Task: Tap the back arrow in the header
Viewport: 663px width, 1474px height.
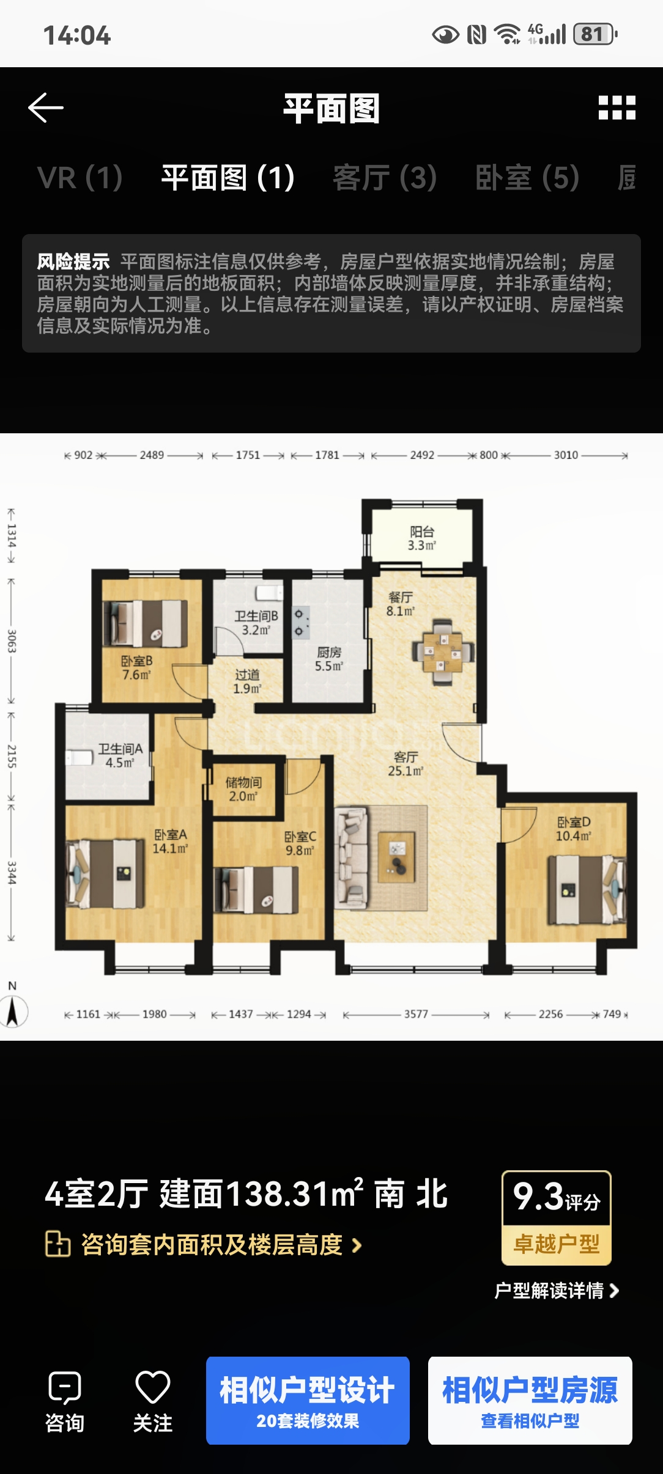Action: point(46,108)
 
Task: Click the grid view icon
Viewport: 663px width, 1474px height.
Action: point(617,108)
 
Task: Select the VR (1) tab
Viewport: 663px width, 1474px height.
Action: point(80,178)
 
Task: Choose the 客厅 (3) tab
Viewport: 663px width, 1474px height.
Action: point(385,178)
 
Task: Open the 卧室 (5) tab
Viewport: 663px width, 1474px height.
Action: point(527,178)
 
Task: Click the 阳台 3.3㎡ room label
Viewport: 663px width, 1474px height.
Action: point(422,538)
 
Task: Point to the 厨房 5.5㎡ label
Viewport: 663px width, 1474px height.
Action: point(329,659)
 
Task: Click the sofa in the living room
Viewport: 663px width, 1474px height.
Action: point(351,857)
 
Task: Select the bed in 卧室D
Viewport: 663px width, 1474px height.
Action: point(587,889)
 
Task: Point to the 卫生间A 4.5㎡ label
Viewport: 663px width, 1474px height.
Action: point(120,756)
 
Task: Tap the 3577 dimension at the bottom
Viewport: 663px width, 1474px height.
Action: point(416,1014)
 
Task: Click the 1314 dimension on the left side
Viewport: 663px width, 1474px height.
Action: point(12,535)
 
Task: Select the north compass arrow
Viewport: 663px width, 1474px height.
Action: point(12,1011)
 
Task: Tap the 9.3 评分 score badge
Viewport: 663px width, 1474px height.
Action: point(557,1217)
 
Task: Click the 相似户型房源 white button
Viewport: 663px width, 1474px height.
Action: point(530,1401)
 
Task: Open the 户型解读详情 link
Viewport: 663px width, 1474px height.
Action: point(557,1290)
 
